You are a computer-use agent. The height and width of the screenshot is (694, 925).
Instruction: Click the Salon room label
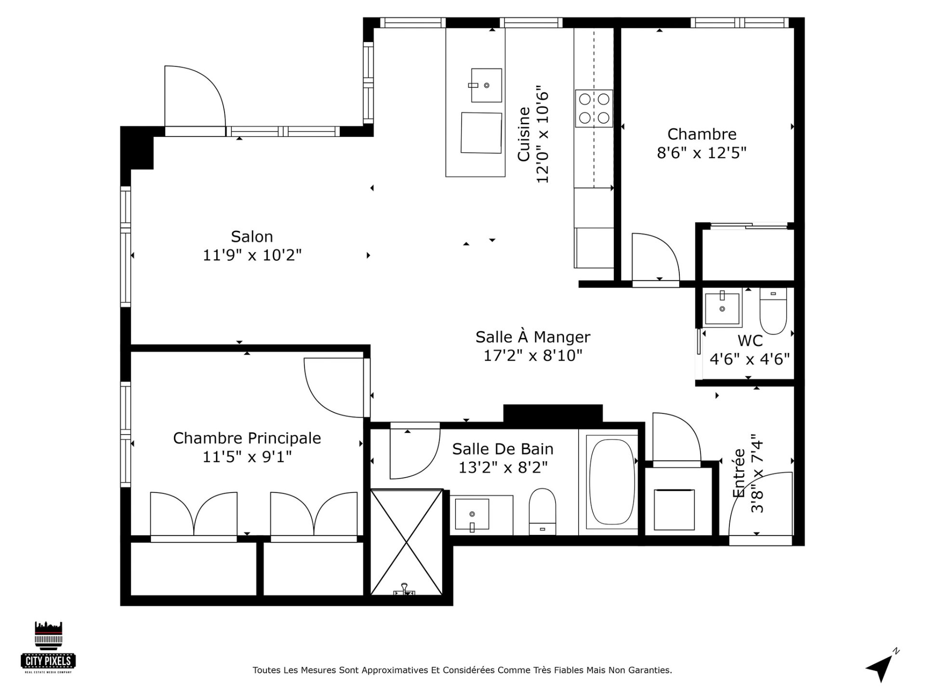click(252, 237)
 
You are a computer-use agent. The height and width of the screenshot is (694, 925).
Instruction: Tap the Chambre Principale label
click(247, 438)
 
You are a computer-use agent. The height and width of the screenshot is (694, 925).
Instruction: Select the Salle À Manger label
click(533, 337)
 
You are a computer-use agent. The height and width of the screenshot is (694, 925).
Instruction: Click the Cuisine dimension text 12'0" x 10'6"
click(542, 134)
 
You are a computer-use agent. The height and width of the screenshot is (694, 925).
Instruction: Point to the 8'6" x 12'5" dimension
click(701, 153)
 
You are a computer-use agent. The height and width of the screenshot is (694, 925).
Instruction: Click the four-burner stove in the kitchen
click(594, 108)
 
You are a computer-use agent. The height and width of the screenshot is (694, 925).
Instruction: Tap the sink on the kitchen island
click(486, 85)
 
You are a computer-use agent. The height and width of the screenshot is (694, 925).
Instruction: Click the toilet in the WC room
click(773, 311)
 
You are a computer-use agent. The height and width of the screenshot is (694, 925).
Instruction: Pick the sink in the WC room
click(722, 308)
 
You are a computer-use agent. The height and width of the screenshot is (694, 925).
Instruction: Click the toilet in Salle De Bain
click(542, 512)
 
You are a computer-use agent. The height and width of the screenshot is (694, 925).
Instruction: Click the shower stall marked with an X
click(407, 543)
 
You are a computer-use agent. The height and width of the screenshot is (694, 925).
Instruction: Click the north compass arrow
click(881, 666)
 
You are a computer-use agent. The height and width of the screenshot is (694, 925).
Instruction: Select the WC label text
click(750, 341)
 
